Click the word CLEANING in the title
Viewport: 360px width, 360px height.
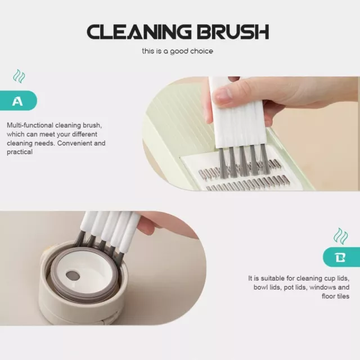[x=139, y=31]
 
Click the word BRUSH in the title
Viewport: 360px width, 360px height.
[x=233, y=31]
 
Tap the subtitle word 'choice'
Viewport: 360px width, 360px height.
[x=201, y=51]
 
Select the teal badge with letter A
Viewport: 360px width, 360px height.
[x=19, y=101]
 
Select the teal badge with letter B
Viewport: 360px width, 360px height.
[x=341, y=257]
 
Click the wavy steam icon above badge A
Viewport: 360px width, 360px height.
[x=19, y=76]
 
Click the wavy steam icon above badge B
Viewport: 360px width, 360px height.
[x=341, y=236]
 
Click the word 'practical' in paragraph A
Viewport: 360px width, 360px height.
[x=20, y=152]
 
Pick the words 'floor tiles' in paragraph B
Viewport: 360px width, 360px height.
[x=335, y=296]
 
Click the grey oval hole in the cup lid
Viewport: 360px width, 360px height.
[x=73, y=275]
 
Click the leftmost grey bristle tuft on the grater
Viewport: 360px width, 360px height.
[x=222, y=162]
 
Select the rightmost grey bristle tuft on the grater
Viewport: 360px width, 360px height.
[x=265, y=159]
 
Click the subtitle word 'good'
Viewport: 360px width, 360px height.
[x=179, y=51]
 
